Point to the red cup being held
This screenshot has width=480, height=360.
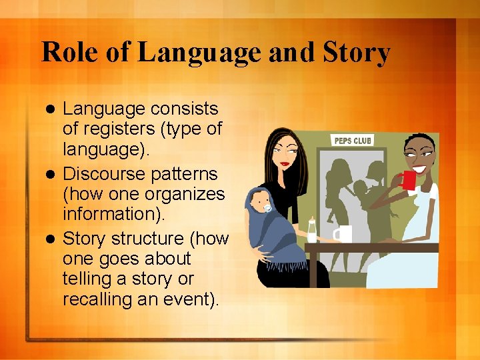coord(408,179)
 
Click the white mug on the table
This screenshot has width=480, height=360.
coord(342,233)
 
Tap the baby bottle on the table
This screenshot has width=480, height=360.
coord(311,230)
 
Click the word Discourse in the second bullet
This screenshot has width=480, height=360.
coord(101,174)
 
